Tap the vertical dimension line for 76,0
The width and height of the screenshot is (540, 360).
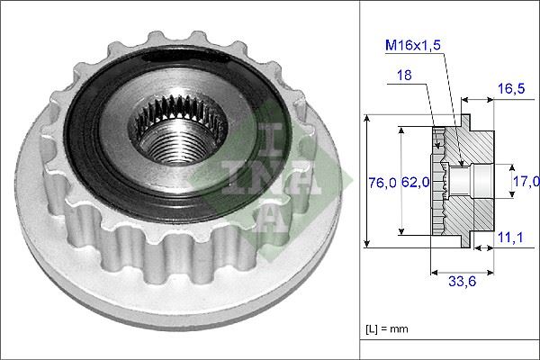point(367,180)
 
